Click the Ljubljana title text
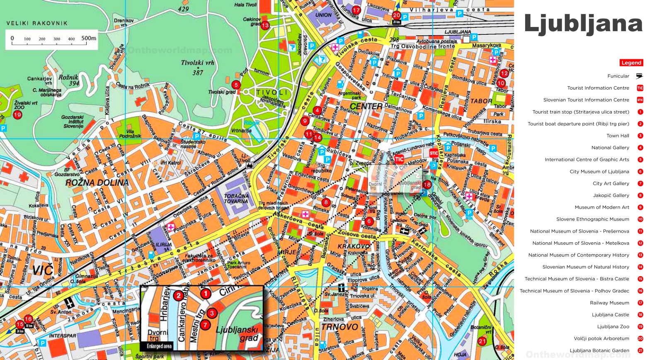click(583, 24)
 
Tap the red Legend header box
click(631, 63)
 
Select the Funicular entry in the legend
click(618, 76)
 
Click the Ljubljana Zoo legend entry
click(613, 326)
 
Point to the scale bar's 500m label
click(89, 38)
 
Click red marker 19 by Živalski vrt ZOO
click(17, 115)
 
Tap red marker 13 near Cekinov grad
click(265, 25)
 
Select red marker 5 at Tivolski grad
click(236, 85)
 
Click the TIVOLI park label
click(272, 92)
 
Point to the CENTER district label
click(366, 106)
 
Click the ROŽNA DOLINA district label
click(97, 182)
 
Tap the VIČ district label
click(43, 271)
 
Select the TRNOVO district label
click(339, 327)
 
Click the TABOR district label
click(481, 101)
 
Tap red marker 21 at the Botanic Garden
click(482, 341)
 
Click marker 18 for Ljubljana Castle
click(427, 185)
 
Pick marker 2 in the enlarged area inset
click(178, 296)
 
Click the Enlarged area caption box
click(159, 346)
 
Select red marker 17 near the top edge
click(356, 10)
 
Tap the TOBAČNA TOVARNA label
click(236, 198)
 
